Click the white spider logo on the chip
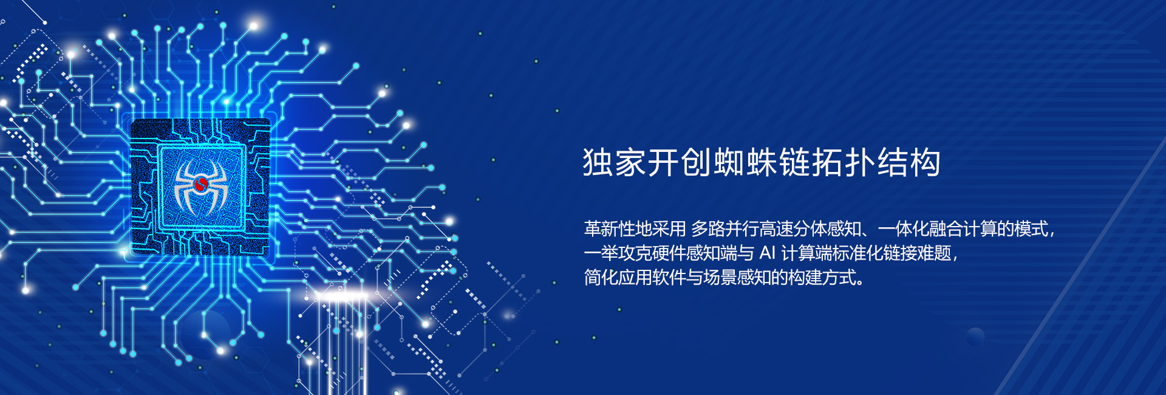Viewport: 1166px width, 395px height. coord(201,185)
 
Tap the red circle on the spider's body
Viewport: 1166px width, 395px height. coord(201,184)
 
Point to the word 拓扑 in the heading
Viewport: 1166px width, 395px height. coord(844,162)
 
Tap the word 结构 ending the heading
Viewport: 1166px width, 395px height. coord(909,162)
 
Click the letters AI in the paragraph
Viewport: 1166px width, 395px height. coord(768,253)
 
